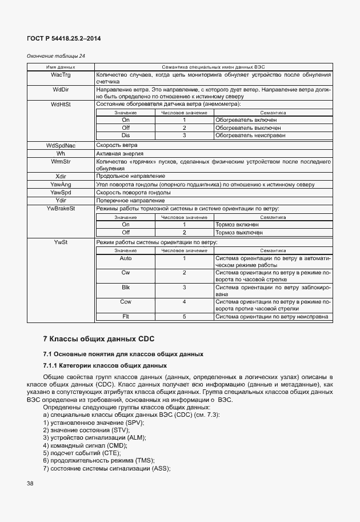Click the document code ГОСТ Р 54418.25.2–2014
coord(60,38)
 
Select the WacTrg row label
coord(61,75)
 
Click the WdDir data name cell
coord(61,90)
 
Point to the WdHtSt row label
coord(61,105)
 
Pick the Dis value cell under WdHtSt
coord(126,136)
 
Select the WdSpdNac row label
coord(61,146)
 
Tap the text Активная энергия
coord(119,154)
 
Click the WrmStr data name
coord(61,162)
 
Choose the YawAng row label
coord(61,185)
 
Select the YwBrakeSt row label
coord(61,209)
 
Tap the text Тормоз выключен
coord(239,233)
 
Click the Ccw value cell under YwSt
coord(126,301)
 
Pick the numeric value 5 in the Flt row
coord(185,316)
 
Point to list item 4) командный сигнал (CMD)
coord(85,445)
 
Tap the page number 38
coord(30,484)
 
